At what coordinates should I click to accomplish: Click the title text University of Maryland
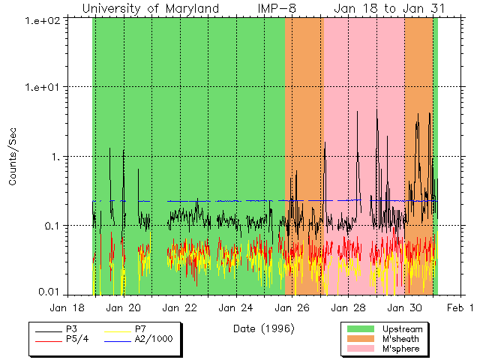(151, 8)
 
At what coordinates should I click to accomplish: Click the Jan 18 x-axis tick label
(67, 307)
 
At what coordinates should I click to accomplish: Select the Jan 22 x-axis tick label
(180, 307)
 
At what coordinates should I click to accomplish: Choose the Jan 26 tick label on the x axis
(292, 307)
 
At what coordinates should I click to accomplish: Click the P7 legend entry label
(140, 328)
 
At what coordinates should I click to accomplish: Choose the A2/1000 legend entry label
(153, 339)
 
